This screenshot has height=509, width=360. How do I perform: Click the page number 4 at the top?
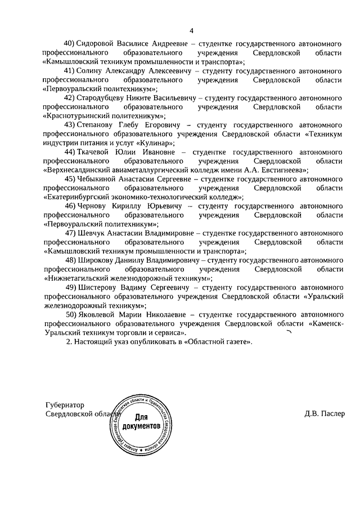click(191, 30)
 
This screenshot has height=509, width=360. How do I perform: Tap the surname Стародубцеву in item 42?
click(104, 97)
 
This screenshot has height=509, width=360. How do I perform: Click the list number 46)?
click(70, 206)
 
